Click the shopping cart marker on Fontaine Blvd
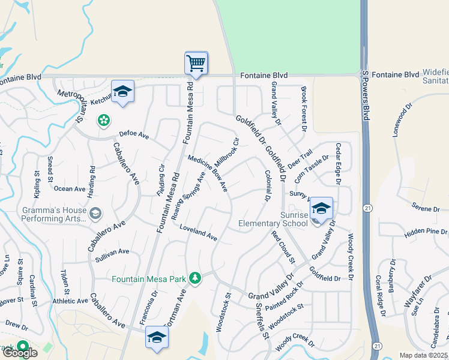[x=196, y=62]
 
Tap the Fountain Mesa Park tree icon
[x=194, y=278]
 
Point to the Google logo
[x=19, y=353]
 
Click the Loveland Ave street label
[x=198, y=233]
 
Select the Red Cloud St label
[x=283, y=247]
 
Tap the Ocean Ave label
[x=70, y=188]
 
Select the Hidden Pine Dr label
[x=426, y=232]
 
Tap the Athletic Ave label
[x=70, y=301]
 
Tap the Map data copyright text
[x=424, y=355]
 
